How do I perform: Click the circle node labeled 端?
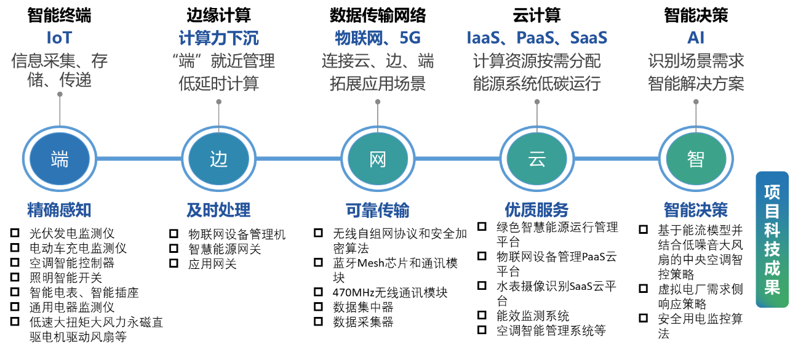tap(60, 159)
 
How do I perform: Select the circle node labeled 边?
tap(218, 159)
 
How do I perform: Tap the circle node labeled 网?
tap(378, 159)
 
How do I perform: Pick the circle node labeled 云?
tap(537, 159)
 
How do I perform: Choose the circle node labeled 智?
tap(696, 159)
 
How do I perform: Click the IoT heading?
tap(60, 38)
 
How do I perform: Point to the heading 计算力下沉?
tap(218, 38)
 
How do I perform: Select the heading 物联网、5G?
tap(377, 38)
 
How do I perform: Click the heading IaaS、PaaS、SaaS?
tap(537, 38)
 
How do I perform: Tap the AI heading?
tap(696, 38)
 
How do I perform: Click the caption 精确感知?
tap(59, 210)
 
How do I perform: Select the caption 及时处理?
tap(218, 210)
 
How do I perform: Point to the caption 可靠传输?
tap(377, 211)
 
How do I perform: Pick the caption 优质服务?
tap(537, 210)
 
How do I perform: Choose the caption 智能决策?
tap(696, 210)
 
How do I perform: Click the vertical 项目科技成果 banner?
tap(772, 239)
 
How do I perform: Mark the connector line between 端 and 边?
tap(139, 159)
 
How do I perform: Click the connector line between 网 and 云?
tap(457, 159)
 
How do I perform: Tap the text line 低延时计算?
tap(218, 84)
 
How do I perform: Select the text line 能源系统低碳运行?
tap(537, 84)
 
